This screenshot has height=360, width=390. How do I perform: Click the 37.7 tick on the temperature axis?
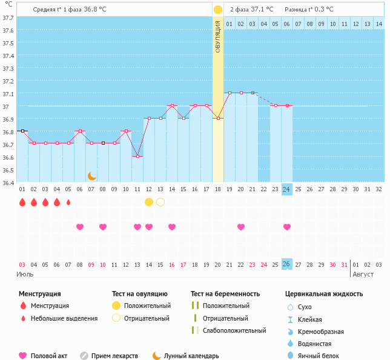[x=8, y=18]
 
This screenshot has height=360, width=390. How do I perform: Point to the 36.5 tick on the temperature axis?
[x=8, y=170]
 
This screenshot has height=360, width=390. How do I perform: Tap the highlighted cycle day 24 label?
[x=287, y=189]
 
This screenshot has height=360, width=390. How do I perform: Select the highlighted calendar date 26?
[x=287, y=264]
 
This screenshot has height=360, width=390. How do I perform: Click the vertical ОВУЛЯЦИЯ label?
[x=218, y=36]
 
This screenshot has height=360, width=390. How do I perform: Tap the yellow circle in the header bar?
[x=218, y=10]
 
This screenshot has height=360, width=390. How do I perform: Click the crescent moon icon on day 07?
[x=91, y=176]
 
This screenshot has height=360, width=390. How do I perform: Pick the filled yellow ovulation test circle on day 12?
[x=149, y=202]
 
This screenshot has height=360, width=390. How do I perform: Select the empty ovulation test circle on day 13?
[x=160, y=202]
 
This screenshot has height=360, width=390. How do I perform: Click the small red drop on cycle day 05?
[x=68, y=202]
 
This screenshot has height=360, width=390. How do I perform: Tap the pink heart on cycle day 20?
[x=241, y=227]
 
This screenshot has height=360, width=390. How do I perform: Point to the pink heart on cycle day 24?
[x=287, y=227]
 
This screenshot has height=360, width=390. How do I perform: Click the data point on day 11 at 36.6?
[x=137, y=157]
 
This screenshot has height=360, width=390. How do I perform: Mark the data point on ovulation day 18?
[x=218, y=118]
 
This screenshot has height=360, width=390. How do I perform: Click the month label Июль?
[x=24, y=274]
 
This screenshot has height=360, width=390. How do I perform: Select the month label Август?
[x=363, y=274]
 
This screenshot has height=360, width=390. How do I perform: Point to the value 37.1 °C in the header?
[x=262, y=10]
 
